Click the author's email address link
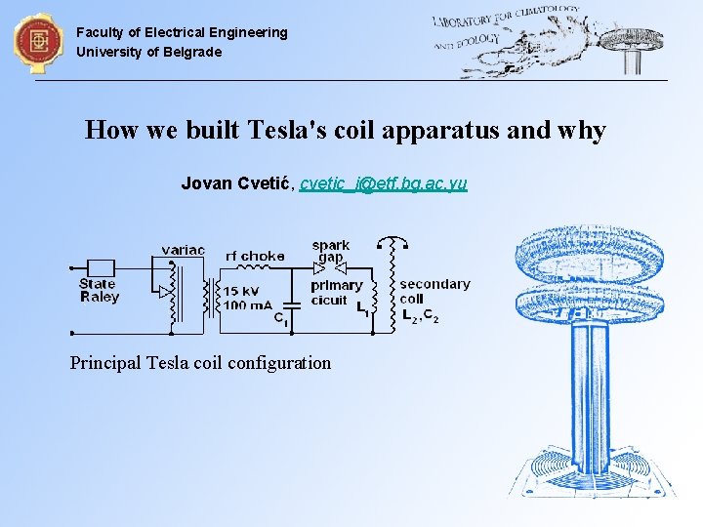(383, 183)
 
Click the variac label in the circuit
(183, 250)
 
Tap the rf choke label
(255, 256)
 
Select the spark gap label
(330, 251)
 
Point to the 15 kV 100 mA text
(248, 299)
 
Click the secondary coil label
(434, 291)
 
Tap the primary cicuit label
(336, 293)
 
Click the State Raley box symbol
(101, 267)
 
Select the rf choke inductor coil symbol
(257, 268)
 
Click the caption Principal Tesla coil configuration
(200, 363)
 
